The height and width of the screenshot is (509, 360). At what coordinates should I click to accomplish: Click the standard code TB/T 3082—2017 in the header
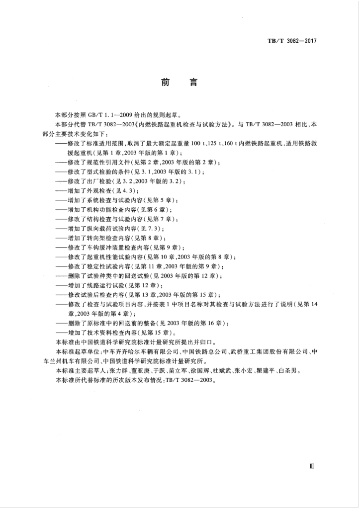tap(289, 40)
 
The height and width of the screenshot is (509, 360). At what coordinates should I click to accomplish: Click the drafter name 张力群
tap(115, 370)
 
